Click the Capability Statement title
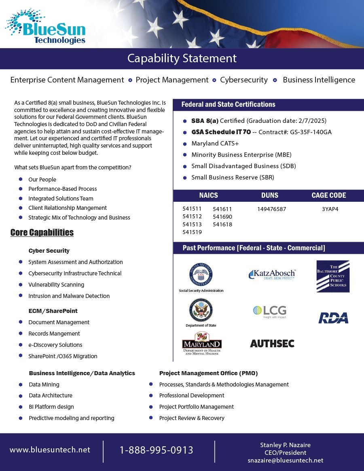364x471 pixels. (x=182, y=58)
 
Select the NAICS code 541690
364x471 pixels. (x=222, y=217)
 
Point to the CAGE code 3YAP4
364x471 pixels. (x=330, y=209)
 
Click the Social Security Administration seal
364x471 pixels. (x=201, y=275)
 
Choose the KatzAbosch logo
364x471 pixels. (x=272, y=275)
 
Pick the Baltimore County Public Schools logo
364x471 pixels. (x=333, y=276)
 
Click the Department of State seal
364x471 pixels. (x=201, y=310)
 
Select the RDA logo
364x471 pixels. (x=333, y=318)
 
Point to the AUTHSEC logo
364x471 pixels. (x=272, y=344)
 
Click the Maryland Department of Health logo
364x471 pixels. (x=202, y=344)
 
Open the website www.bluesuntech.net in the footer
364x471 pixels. (x=50, y=450)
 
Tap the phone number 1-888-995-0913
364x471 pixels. (x=157, y=450)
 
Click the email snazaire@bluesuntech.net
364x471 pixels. (x=286, y=460)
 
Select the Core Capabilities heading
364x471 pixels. (x=42, y=232)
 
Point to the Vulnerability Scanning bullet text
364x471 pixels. (x=56, y=285)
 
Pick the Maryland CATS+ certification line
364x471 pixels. (x=215, y=144)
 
